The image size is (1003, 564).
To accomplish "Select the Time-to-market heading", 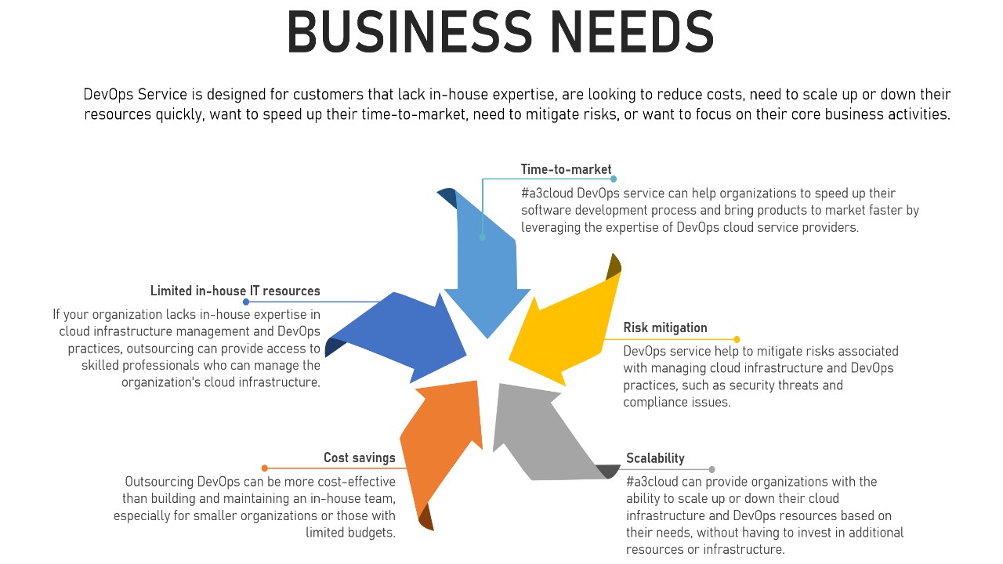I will point(566,169).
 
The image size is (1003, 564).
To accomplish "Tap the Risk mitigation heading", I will point(665,327).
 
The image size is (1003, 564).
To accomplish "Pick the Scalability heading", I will point(655,458).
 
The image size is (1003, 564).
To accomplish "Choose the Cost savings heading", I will point(360,457).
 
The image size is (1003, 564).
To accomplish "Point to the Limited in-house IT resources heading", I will point(235,291).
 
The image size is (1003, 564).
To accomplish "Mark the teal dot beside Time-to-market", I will point(614,179).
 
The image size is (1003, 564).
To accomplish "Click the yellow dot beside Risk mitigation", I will point(737,339).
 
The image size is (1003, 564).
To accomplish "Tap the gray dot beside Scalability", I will point(712,470).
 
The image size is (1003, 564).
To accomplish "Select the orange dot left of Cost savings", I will point(265,468).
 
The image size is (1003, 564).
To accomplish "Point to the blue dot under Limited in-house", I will point(246,302).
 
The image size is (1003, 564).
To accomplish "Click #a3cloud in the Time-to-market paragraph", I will point(549,193).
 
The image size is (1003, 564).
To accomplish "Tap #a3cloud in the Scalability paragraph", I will point(654,481).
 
